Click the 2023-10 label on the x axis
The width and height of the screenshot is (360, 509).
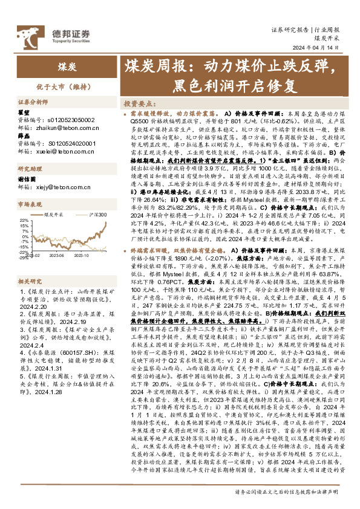(82, 255)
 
